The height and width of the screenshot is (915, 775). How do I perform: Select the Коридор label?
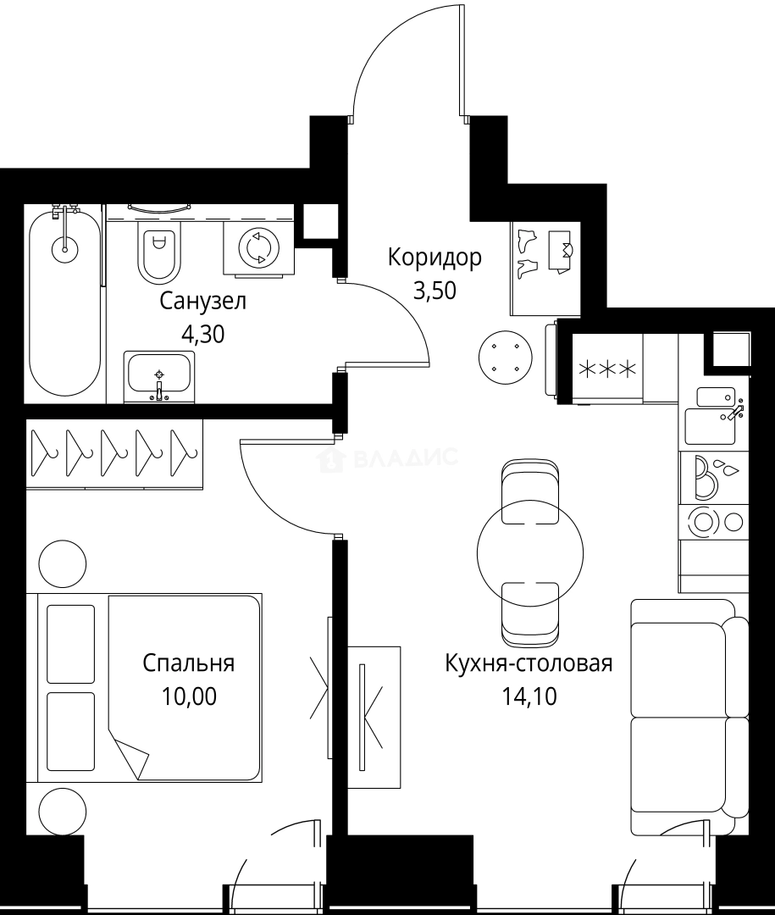[x=435, y=257]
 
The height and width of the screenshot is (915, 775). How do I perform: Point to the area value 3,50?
[x=435, y=291]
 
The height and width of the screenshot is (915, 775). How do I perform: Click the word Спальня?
[x=188, y=663]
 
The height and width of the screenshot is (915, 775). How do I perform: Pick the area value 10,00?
[x=188, y=696]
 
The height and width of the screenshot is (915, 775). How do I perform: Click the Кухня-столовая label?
[x=529, y=663]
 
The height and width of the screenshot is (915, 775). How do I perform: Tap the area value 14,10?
[x=529, y=697]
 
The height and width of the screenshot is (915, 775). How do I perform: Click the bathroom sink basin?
[x=159, y=375]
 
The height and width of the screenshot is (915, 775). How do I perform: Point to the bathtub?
[x=64, y=301]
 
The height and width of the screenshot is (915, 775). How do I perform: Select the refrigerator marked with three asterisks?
[x=607, y=369]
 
